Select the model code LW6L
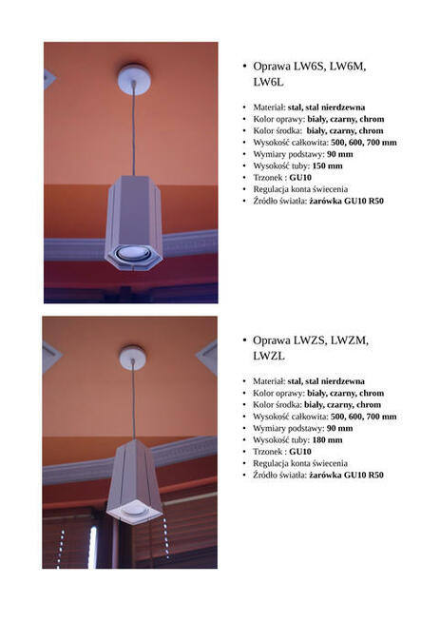click(x=269, y=83)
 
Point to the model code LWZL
click(x=269, y=356)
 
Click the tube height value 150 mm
click(x=328, y=165)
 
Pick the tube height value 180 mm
click(x=328, y=439)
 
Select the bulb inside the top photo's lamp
click(x=134, y=253)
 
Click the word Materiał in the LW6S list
click(x=269, y=107)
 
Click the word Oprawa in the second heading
click(x=274, y=340)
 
